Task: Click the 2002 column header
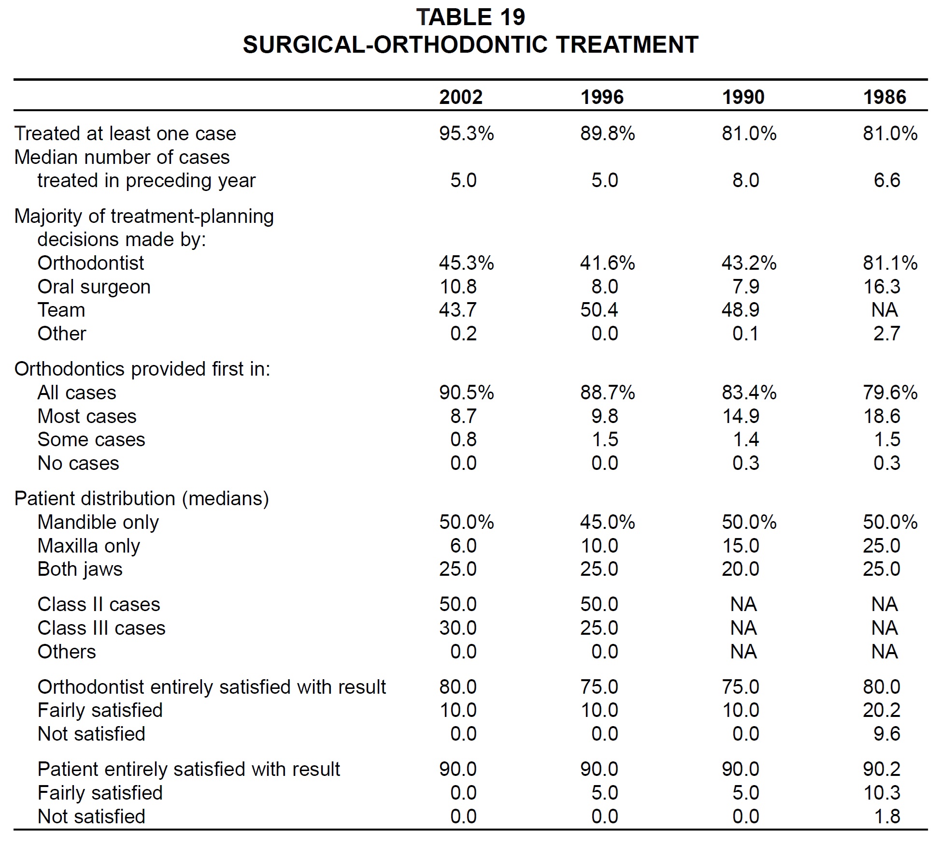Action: (461, 97)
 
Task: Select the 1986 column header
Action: (885, 97)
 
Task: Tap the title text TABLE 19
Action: (470, 17)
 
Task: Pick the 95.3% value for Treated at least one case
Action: (467, 133)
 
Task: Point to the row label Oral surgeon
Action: (94, 287)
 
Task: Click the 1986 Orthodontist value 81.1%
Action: (890, 263)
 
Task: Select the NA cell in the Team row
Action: (884, 310)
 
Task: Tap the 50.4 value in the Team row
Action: (599, 310)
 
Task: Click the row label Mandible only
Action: (98, 522)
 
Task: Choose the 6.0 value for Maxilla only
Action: (463, 546)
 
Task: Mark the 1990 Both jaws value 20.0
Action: (741, 569)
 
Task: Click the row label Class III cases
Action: (101, 628)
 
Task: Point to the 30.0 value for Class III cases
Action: (458, 628)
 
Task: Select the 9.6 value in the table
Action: (887, 734)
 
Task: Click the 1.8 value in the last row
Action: (887, 817)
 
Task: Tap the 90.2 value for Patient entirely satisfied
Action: (882, 769)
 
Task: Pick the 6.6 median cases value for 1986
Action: (887, 180)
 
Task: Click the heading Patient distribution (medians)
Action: (142, 498)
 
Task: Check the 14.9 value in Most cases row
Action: (741, 416)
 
